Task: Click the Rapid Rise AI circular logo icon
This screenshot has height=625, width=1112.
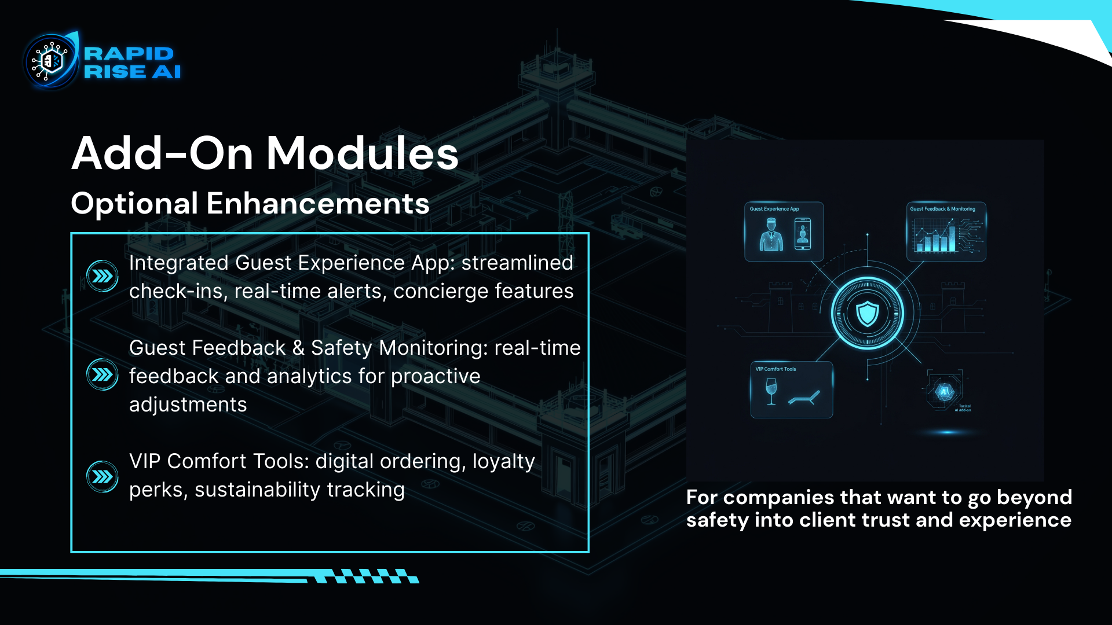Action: pyautogui.click(x=51, y=61)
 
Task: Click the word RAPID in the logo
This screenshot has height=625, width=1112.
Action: pyautogui.click(x=129, y=53)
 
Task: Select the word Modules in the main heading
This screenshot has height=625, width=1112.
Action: pyautogui.click(x=362, y=154)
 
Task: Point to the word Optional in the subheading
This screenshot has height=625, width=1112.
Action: pyautogui.click(x=134, y=204)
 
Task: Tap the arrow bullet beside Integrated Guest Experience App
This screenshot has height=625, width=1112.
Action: pyautogui.click(x=103, y=276)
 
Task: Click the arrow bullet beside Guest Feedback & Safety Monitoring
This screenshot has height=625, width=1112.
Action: pyautogui.click(x=103, y=375)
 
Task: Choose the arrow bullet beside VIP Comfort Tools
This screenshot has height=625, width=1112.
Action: pyautogui.click(x=103, y=476)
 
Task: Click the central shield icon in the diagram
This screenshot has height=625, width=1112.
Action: pyautogui.click(x=867, y=313)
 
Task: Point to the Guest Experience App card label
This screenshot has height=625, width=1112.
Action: pyautogui.click(x=774, y=209)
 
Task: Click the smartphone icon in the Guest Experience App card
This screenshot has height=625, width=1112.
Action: pyautogui.click(x=803, y=234)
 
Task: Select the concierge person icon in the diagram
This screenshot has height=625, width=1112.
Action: pyautogui.click(x=771, y=234)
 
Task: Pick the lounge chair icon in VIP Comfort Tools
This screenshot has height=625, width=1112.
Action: pyautogui.click(x=804, y=398)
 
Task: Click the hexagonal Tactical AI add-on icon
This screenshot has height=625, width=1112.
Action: pyautogui.click(x=945, y=392)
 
